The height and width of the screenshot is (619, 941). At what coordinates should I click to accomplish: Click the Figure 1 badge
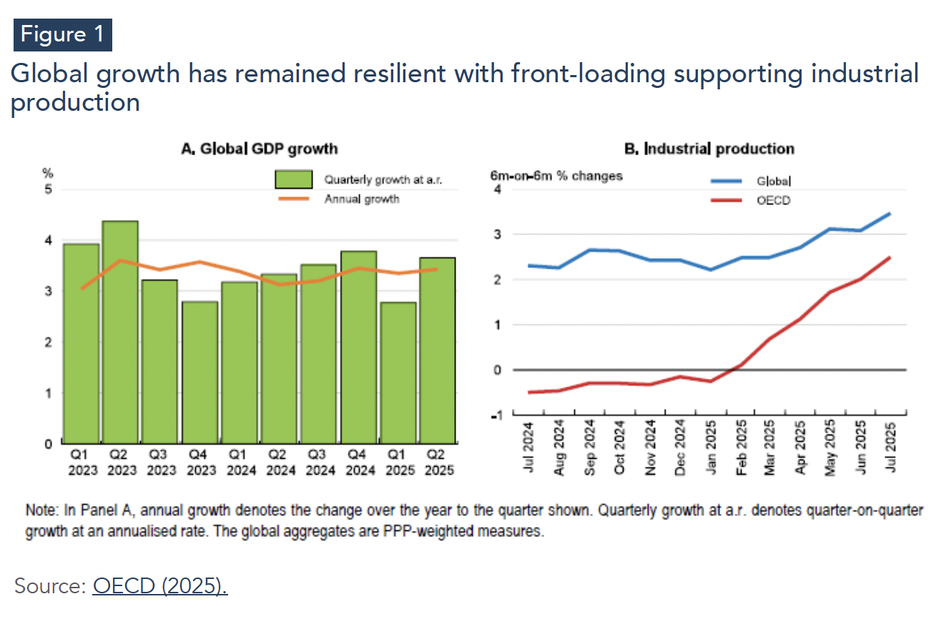[x=63, y=34]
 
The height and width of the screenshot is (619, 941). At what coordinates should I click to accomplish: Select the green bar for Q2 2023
[x=120, y=332]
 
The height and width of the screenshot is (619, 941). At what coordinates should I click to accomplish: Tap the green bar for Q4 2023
[x=199, y=372]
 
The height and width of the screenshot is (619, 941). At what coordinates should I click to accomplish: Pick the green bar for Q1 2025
[x=398, y=372]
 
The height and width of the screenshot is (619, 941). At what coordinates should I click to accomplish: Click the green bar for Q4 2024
[x=358, y=347]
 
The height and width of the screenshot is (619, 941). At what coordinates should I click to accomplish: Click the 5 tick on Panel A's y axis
[x=49, y=190]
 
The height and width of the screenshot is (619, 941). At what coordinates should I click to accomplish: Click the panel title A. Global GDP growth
[x=260, y=149]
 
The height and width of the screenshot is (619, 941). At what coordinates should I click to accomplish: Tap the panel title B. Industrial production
[x=709, y=149]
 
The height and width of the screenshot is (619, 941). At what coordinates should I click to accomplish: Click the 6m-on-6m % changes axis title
[x=556, y=176]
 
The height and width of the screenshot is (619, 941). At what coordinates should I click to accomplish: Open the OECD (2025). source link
[x=159, y=586]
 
